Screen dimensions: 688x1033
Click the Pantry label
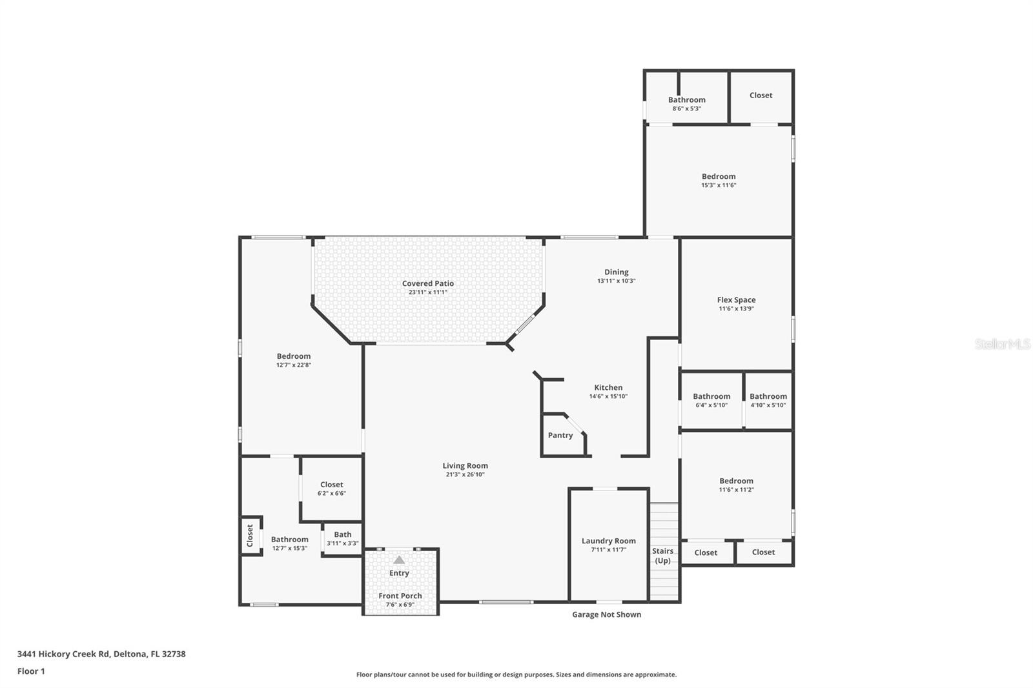point(560,436)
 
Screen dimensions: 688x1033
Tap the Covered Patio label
point(428,283)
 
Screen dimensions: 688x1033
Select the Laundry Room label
point(609,541)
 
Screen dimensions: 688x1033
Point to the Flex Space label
point(736,300)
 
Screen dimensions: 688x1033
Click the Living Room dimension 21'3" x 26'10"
point(465,475)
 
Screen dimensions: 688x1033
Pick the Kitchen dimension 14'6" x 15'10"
point(608,397)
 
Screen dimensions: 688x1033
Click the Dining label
point(617,272)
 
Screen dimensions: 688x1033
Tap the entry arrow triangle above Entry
point(399,560)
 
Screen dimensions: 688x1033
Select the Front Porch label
point(400,596)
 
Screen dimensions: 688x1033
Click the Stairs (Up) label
point(663,556)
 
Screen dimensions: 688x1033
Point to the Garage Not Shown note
point(607,614)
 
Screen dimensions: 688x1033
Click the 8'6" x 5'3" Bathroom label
point(687,100)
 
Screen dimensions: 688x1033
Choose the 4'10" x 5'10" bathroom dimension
point(768,406)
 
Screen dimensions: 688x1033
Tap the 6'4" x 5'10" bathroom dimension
point(711,406)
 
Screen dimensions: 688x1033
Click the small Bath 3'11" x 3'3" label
point(343,534)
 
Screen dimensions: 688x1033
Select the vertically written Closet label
point(251,536)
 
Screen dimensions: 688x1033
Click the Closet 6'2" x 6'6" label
point(332,485)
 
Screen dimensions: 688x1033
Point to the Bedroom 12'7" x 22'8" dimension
point(294,365)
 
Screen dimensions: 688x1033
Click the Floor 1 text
point(31,671)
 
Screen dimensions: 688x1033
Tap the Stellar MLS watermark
point(1002,344)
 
